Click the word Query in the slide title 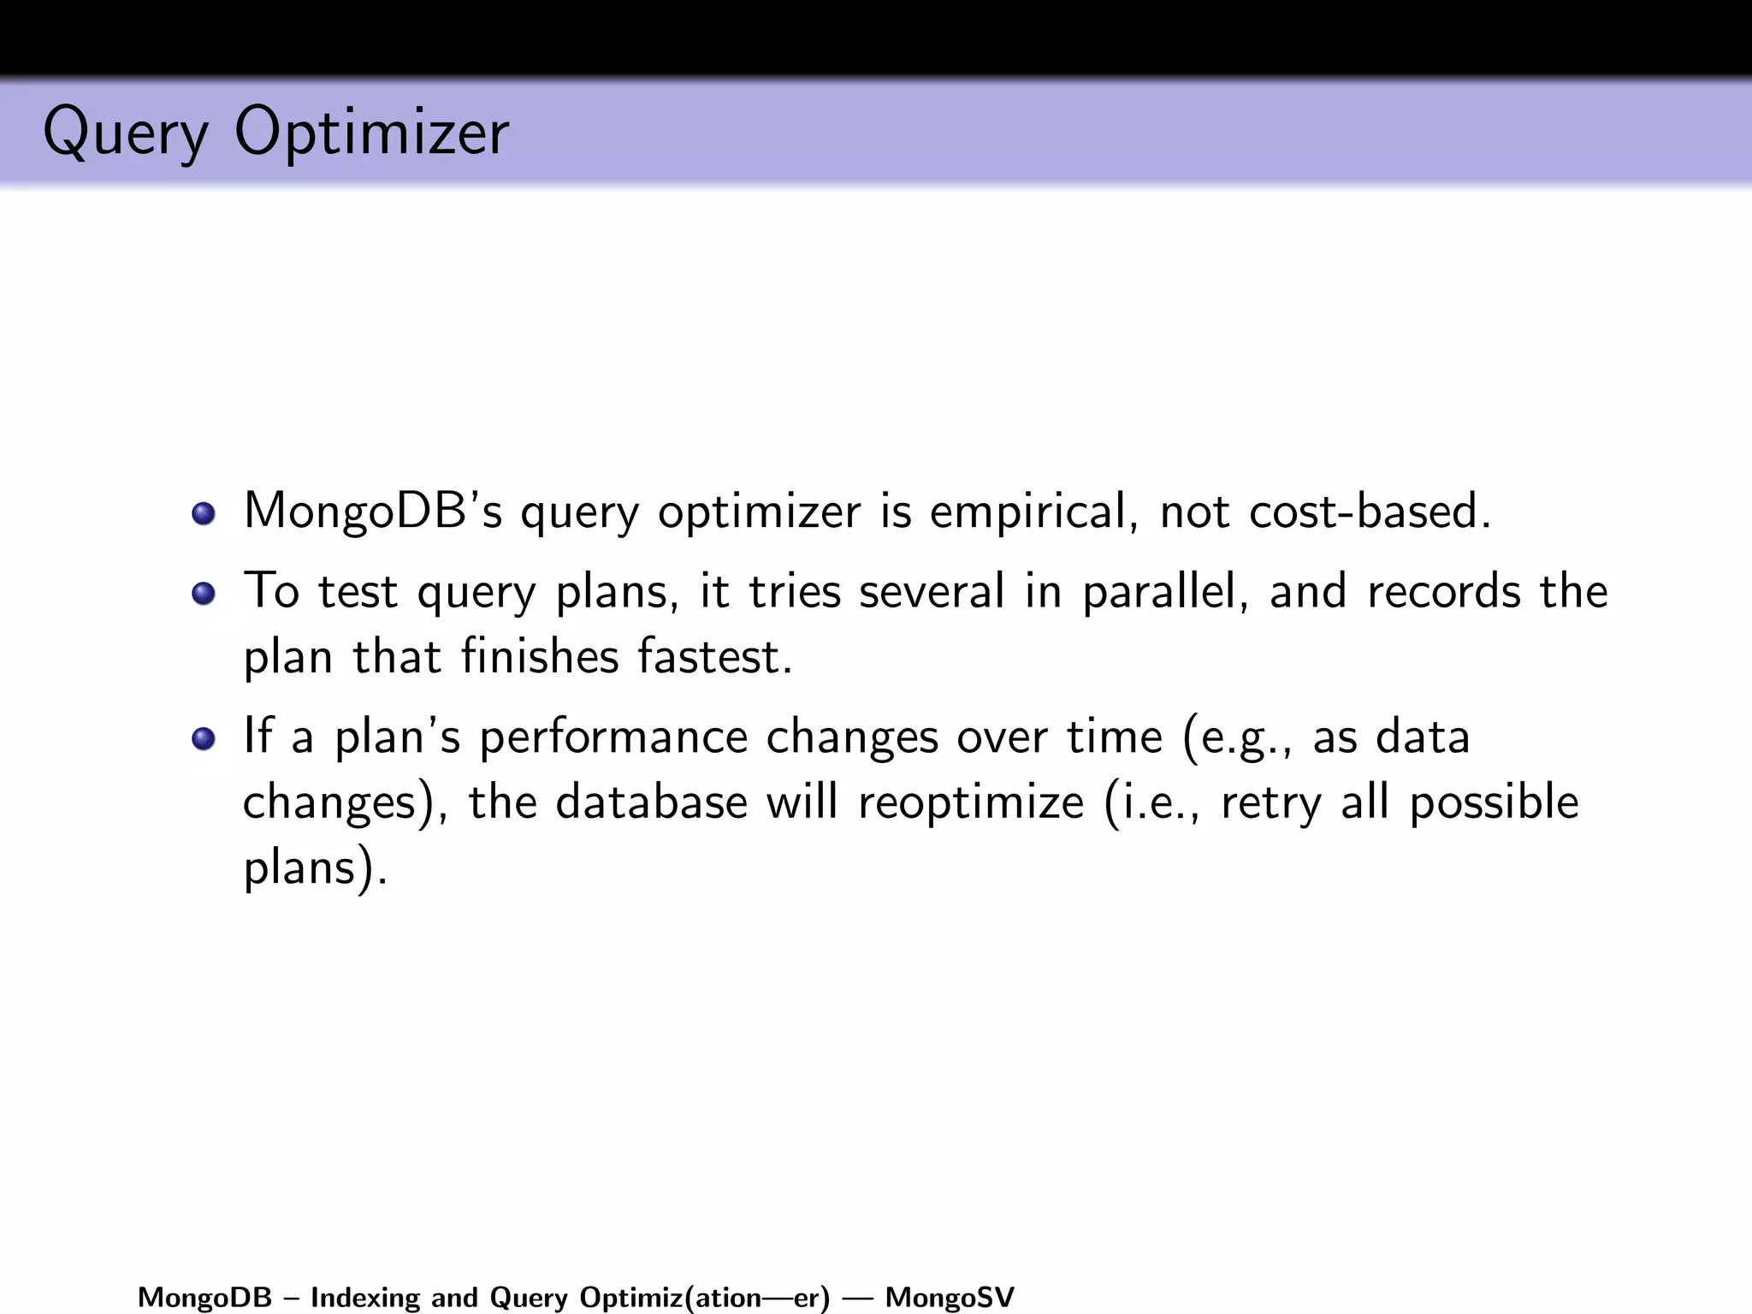click(125, 133)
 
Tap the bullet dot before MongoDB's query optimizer click(204, 513)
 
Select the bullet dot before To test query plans click(204, 593)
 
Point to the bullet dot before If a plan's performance click(204, 738)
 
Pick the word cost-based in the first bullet click(1369, 512)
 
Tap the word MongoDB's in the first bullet click(373, 512)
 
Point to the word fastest click(715, 657)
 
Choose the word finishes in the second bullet click(540, 657)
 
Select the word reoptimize click(971, 802)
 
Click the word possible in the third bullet click(1494, 802)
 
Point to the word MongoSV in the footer click(950, 1298)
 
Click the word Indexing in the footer click(365, 1298)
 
